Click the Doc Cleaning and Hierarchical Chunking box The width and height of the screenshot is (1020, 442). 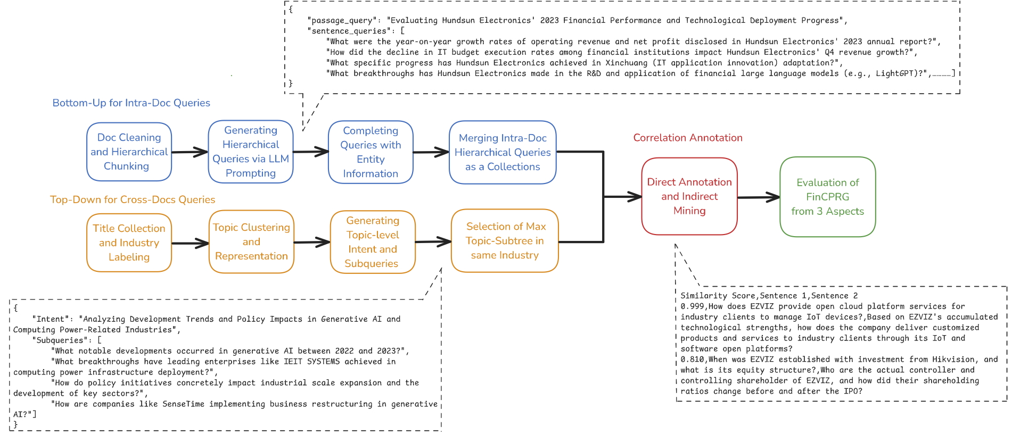point(129,152)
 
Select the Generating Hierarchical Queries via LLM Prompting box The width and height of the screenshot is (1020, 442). point(251,152)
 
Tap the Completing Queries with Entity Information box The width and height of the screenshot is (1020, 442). point(371,152)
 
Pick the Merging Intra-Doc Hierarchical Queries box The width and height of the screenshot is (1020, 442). point(503,153)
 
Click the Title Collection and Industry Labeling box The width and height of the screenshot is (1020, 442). point(129,243)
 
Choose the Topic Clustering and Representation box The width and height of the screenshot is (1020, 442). point(251,242)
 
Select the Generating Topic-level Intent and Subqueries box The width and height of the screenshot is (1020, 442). point(373,242)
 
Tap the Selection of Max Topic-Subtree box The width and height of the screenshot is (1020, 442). point(505,241)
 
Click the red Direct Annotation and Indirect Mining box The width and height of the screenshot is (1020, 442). point(689,196)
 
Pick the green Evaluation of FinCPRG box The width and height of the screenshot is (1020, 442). point(827,197)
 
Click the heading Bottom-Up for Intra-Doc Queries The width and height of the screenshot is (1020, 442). point(131,103)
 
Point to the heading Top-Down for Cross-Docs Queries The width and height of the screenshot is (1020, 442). point(133,200)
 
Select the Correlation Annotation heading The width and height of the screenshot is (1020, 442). point(687,138)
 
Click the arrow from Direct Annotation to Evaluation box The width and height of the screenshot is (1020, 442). point(759,197)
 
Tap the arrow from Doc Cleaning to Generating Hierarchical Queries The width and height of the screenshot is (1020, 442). point(190,152)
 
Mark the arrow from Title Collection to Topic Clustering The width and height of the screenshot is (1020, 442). point(190,244)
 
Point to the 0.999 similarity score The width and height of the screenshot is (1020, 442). point(691,306)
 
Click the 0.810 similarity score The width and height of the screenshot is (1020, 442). point(691,360)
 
